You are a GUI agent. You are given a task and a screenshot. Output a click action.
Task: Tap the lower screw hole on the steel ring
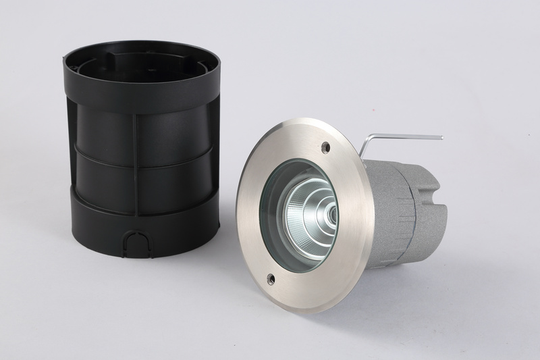click(271, 277)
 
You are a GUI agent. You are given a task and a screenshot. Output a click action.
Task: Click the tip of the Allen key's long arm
click(440, 137)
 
